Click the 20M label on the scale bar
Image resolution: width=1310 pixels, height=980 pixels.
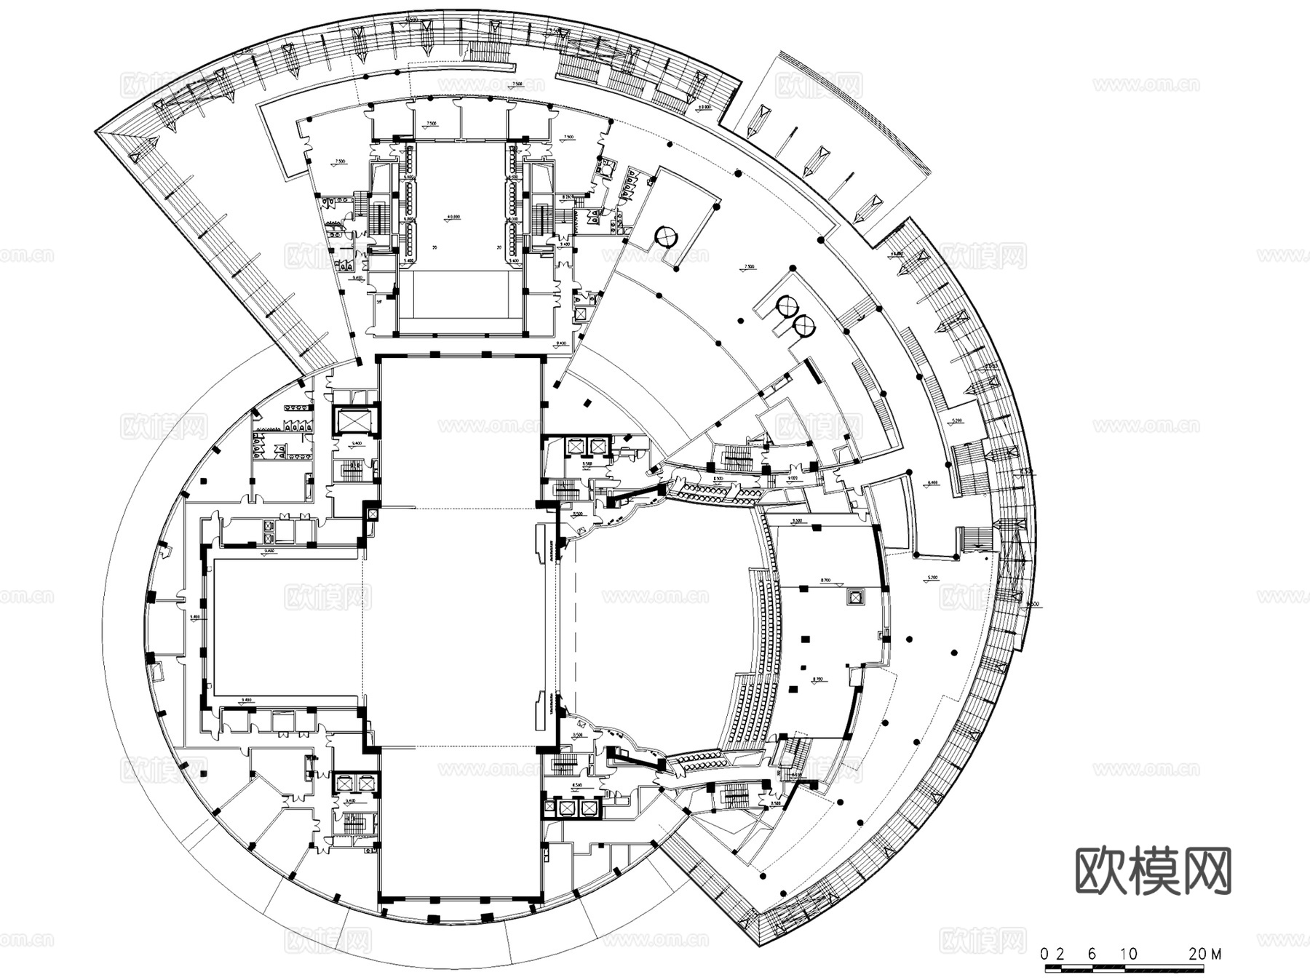coord(1204,954)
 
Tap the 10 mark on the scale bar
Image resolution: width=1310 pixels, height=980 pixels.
coord(1129,954)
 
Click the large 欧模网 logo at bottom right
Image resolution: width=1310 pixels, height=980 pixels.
coord(1154,870)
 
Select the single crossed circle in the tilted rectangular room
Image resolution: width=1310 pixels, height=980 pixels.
coord(665,236)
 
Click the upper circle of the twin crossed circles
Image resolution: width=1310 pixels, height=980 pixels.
coord(786,306)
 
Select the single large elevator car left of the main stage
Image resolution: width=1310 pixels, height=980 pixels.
coord(352,421)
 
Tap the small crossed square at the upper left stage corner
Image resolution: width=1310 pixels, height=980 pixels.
coord(373,514)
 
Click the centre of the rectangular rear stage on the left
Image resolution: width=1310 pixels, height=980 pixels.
coord(285,626)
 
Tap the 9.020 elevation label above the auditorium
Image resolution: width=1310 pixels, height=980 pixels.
coord(793,478)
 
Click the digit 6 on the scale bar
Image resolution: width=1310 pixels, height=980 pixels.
coord(1092,954)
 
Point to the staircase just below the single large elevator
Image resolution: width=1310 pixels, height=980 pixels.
coord(352,471)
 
